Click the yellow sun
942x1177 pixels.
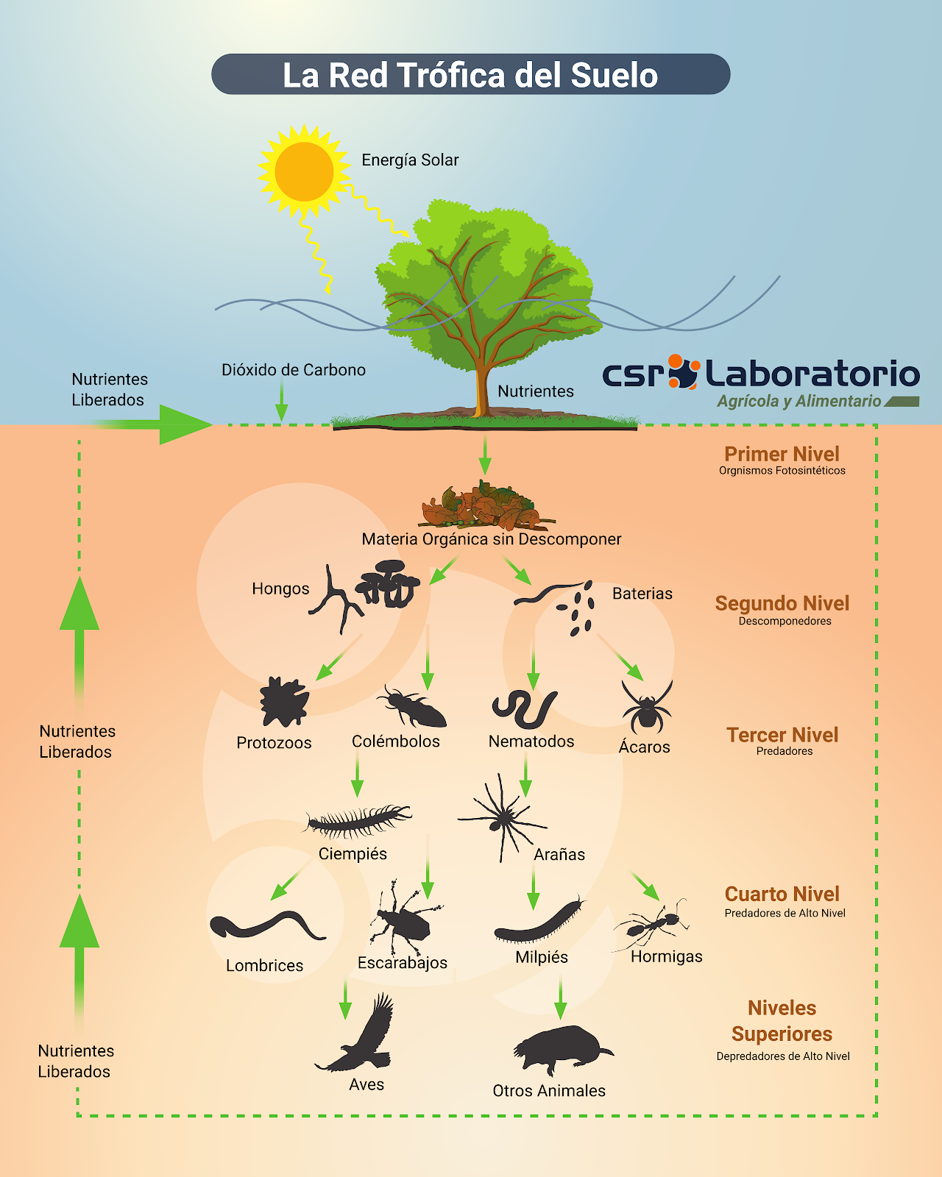[303, 171]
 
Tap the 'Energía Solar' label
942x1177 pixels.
[410, 160]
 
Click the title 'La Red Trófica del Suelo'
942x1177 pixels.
[470, 75]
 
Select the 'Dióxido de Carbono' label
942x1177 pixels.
[294, 370]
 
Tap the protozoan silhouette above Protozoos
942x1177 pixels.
[283, 702]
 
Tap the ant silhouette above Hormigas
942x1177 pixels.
[651, 923]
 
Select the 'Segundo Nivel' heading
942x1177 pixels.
[782, 603]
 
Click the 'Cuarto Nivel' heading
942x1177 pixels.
[782, 894]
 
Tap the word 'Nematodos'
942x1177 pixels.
[531, 742]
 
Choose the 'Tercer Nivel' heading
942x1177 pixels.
[782, 735]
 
